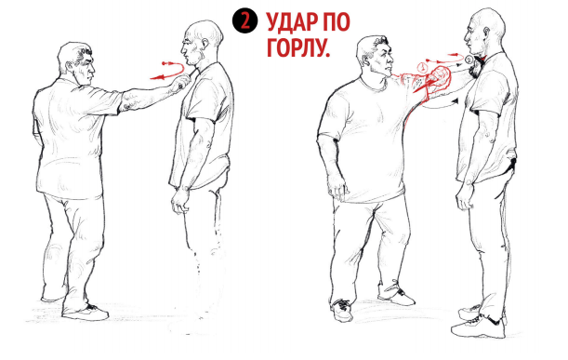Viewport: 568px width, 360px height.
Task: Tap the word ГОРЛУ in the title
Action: coord(297,49)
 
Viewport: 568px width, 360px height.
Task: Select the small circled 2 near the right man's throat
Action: coord(469,62)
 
